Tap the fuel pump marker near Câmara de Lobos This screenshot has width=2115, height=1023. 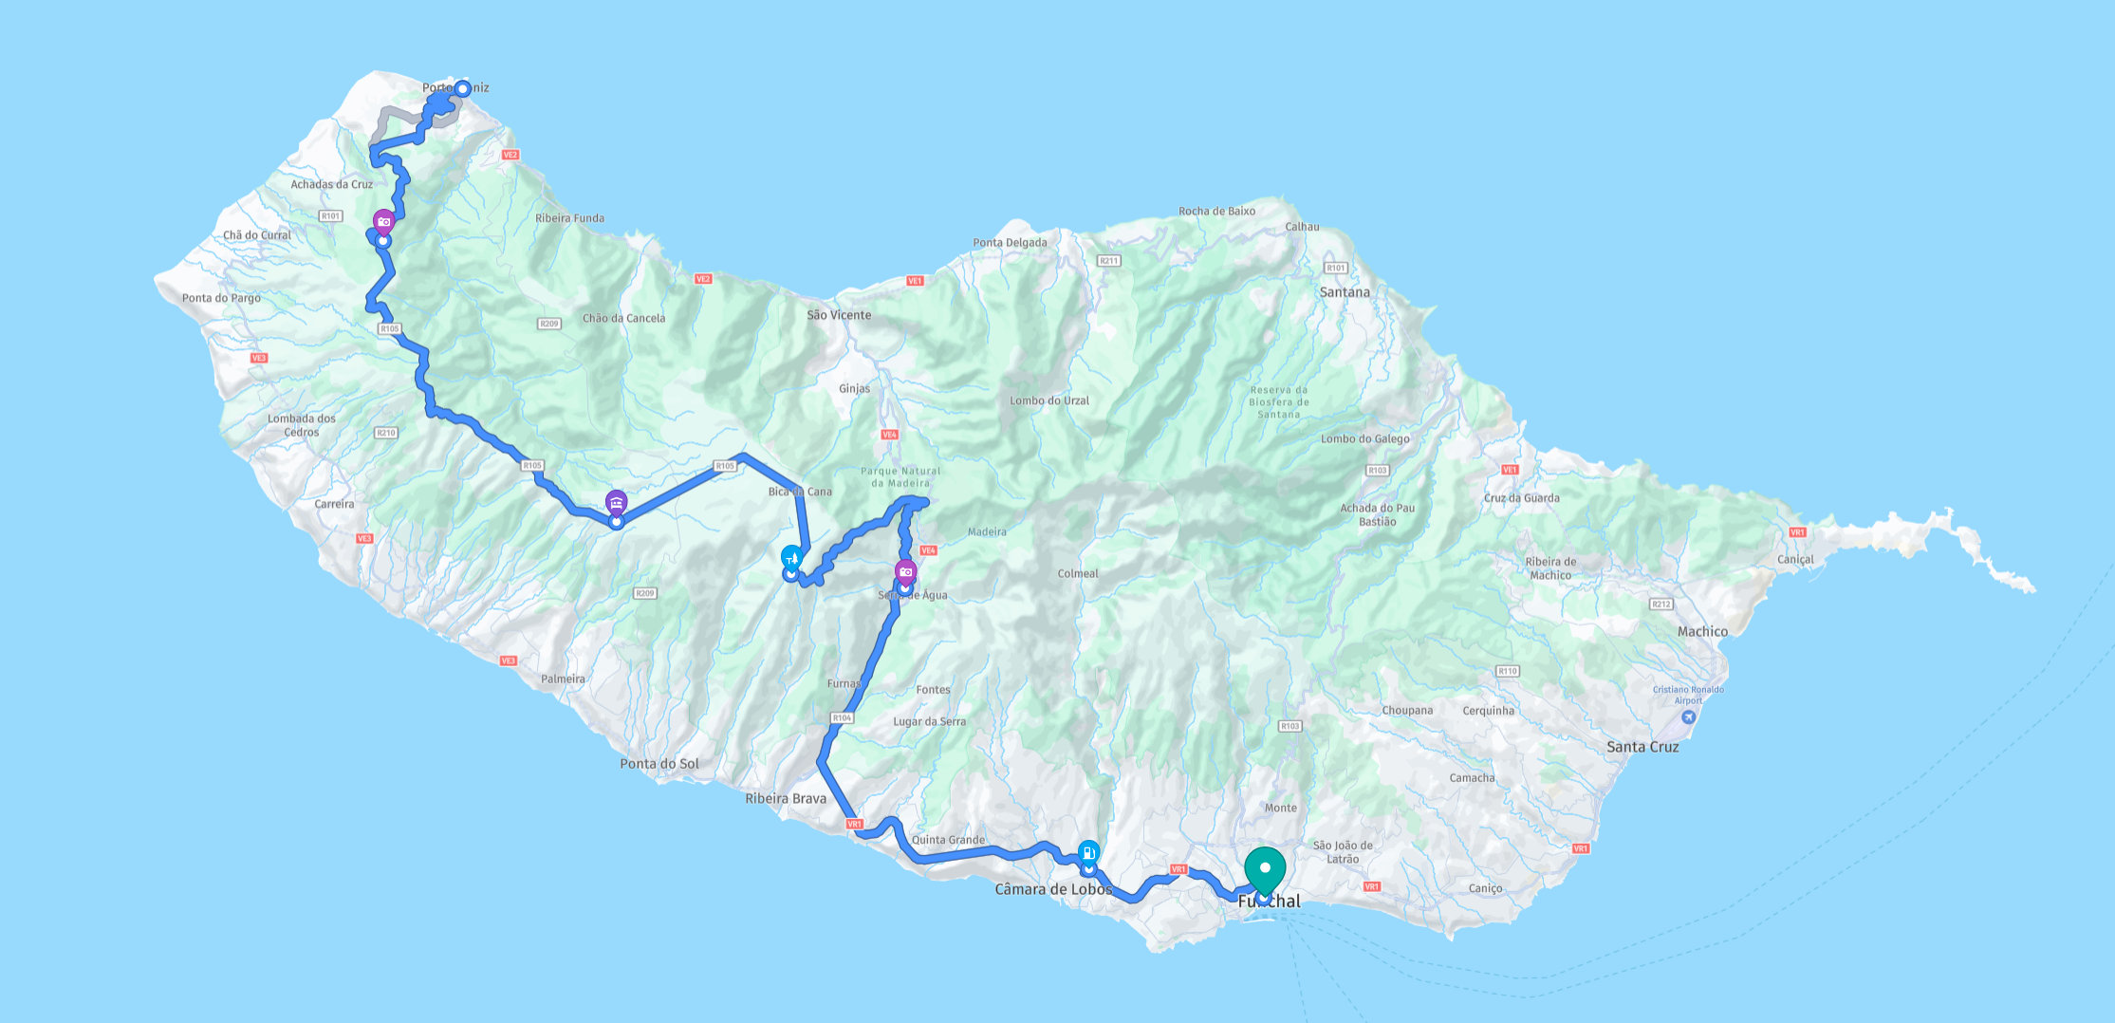click(x=1088, y=852)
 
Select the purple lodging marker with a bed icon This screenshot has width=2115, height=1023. click(x=617, y=503)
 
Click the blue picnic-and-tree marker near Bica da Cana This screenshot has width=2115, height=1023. click(x=791, y=558)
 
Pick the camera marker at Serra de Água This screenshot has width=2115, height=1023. click(x=906, y=572)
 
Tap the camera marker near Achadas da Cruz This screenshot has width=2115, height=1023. click(x=383, y=223)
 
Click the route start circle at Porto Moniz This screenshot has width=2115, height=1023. click(x=462, y=89)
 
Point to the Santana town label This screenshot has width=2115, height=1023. click(x=1345, y=292)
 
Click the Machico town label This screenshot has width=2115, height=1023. click(x=1702, y=632)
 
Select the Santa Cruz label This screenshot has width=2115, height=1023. click(x=1642, y=747)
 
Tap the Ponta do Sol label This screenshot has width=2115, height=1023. click(x=659, y=764)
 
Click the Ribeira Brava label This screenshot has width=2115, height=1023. click(x=786, y=799)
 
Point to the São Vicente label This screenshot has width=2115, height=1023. click(x=839, y=315)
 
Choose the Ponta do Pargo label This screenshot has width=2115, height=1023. click(x=221, y=298)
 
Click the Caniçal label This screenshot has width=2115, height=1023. click(x=1795, y=560)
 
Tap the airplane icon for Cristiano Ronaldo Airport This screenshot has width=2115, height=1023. click(x=1688, y=717)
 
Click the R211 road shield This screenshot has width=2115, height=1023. click(x=1108, y=261)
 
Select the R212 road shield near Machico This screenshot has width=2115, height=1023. click(x=1660, y=604)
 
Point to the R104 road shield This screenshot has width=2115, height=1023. click(x=842, y=718)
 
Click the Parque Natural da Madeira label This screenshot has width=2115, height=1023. click(x=900, y=477)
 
